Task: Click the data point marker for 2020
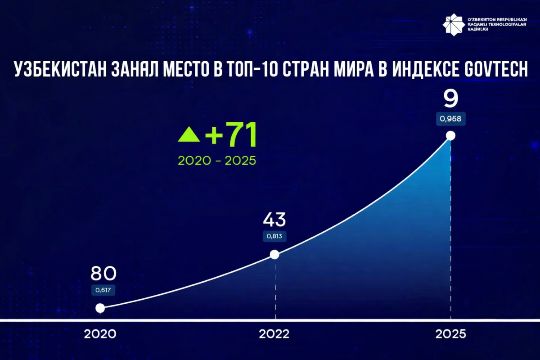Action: (100, 308)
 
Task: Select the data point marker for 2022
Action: (274, 255)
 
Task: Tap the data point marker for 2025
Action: (450, 135)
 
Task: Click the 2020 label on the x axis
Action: (100, 334)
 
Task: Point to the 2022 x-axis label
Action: (274, 334)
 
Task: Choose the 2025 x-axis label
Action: (450, 334)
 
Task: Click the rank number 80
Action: (103, 273)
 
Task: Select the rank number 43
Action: (274, 220)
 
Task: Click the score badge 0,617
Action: (103, 290)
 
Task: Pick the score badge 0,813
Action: (274, 237)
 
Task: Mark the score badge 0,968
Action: (450, 120)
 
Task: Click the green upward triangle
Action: (189, 135)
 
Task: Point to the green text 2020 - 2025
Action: (217, 161)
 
